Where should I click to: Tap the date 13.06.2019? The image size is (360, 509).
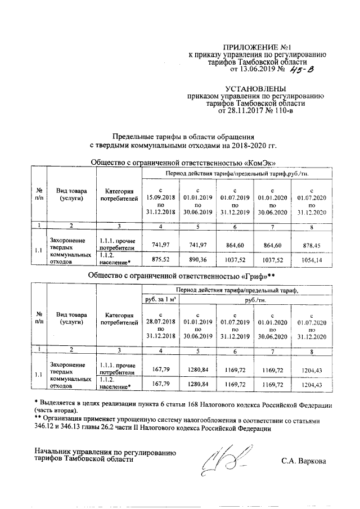coord(260,70)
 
